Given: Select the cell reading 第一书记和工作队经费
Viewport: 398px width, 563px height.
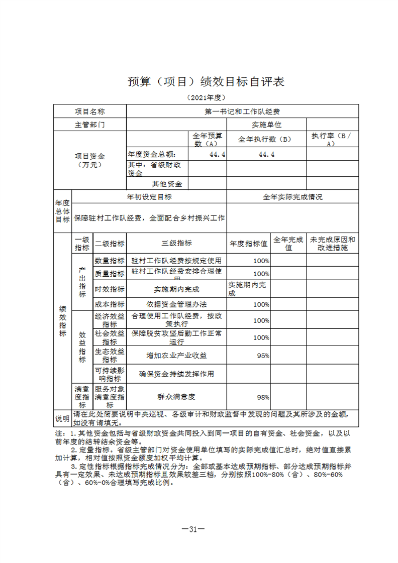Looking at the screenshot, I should pos(242,111).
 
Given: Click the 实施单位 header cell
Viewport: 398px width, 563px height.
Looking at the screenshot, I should pos(266,124).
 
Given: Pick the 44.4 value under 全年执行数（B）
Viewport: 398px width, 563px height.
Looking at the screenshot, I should pos(266,154).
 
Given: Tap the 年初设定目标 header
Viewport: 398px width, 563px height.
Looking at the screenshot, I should pos(149,197).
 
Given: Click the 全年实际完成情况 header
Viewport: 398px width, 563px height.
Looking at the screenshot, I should pos(292,197).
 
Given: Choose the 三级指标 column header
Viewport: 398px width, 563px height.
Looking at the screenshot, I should pos(176,243).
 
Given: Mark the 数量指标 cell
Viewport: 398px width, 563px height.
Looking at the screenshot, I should pos(110,261).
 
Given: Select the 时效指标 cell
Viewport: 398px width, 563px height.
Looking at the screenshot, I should pos(110,289).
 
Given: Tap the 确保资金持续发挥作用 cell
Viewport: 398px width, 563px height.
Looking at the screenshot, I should pos(176,374).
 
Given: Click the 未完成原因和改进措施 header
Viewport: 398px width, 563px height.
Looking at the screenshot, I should pos(332,243).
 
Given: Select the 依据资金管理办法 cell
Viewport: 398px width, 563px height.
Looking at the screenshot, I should pos(176,304).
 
